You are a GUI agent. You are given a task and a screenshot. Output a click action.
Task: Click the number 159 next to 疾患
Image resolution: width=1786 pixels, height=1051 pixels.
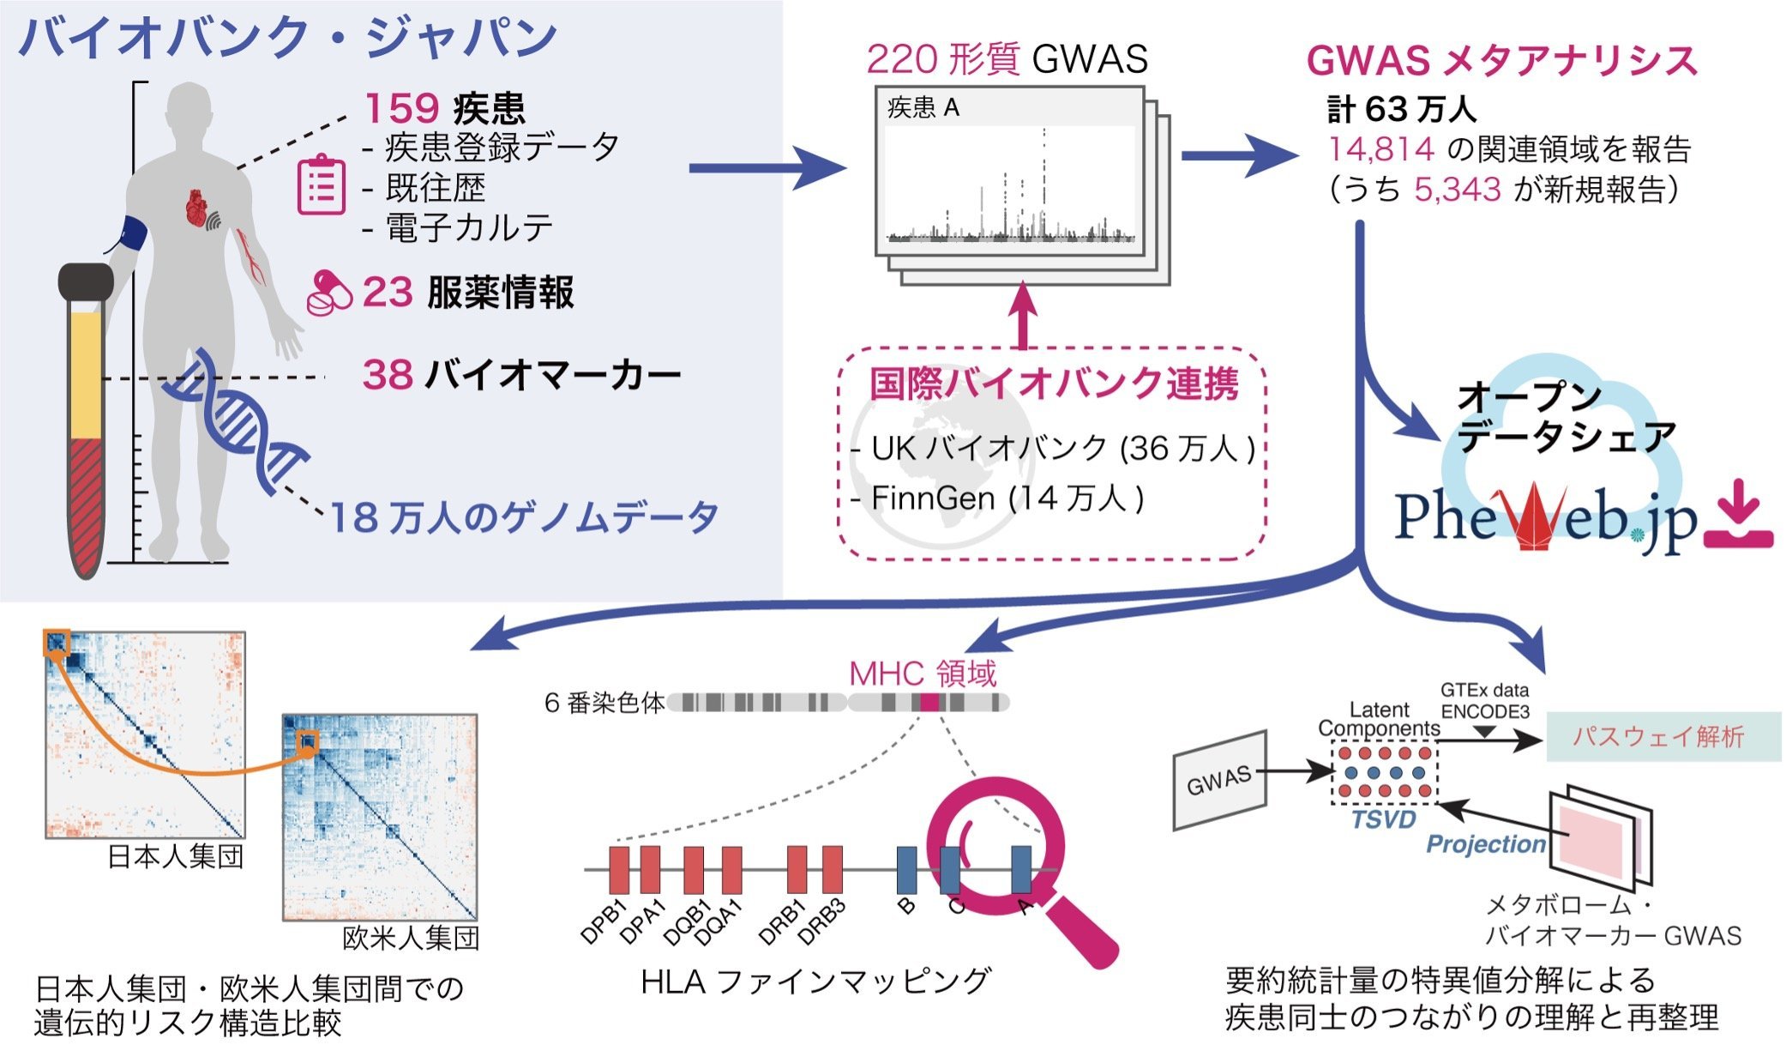click(x=401, y=109)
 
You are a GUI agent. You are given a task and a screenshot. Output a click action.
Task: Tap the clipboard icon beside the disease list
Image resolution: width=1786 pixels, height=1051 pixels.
click(x=322, y=184)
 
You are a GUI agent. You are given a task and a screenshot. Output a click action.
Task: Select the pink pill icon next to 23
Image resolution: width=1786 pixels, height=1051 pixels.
click(x=330, y=293)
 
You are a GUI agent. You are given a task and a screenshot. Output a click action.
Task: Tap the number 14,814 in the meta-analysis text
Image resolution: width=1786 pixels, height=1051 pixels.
click(x=1381, y=149)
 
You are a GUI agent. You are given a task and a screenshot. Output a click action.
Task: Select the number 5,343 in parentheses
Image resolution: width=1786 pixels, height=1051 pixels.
click(x=1458, y=189)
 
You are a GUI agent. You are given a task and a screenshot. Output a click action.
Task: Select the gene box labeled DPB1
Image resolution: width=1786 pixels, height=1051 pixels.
click(x=619, y=870)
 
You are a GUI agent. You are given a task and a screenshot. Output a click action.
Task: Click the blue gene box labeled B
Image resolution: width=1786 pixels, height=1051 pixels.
click(x=907, y=870)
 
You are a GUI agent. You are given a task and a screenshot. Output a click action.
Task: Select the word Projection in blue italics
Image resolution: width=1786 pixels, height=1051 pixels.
click(x=1486, y=844)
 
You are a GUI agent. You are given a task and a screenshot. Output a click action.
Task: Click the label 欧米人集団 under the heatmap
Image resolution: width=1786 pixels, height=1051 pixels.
click(x=411, y=938)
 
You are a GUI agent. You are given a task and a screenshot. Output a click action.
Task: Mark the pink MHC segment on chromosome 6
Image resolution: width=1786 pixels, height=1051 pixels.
click(x=929, y=703)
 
